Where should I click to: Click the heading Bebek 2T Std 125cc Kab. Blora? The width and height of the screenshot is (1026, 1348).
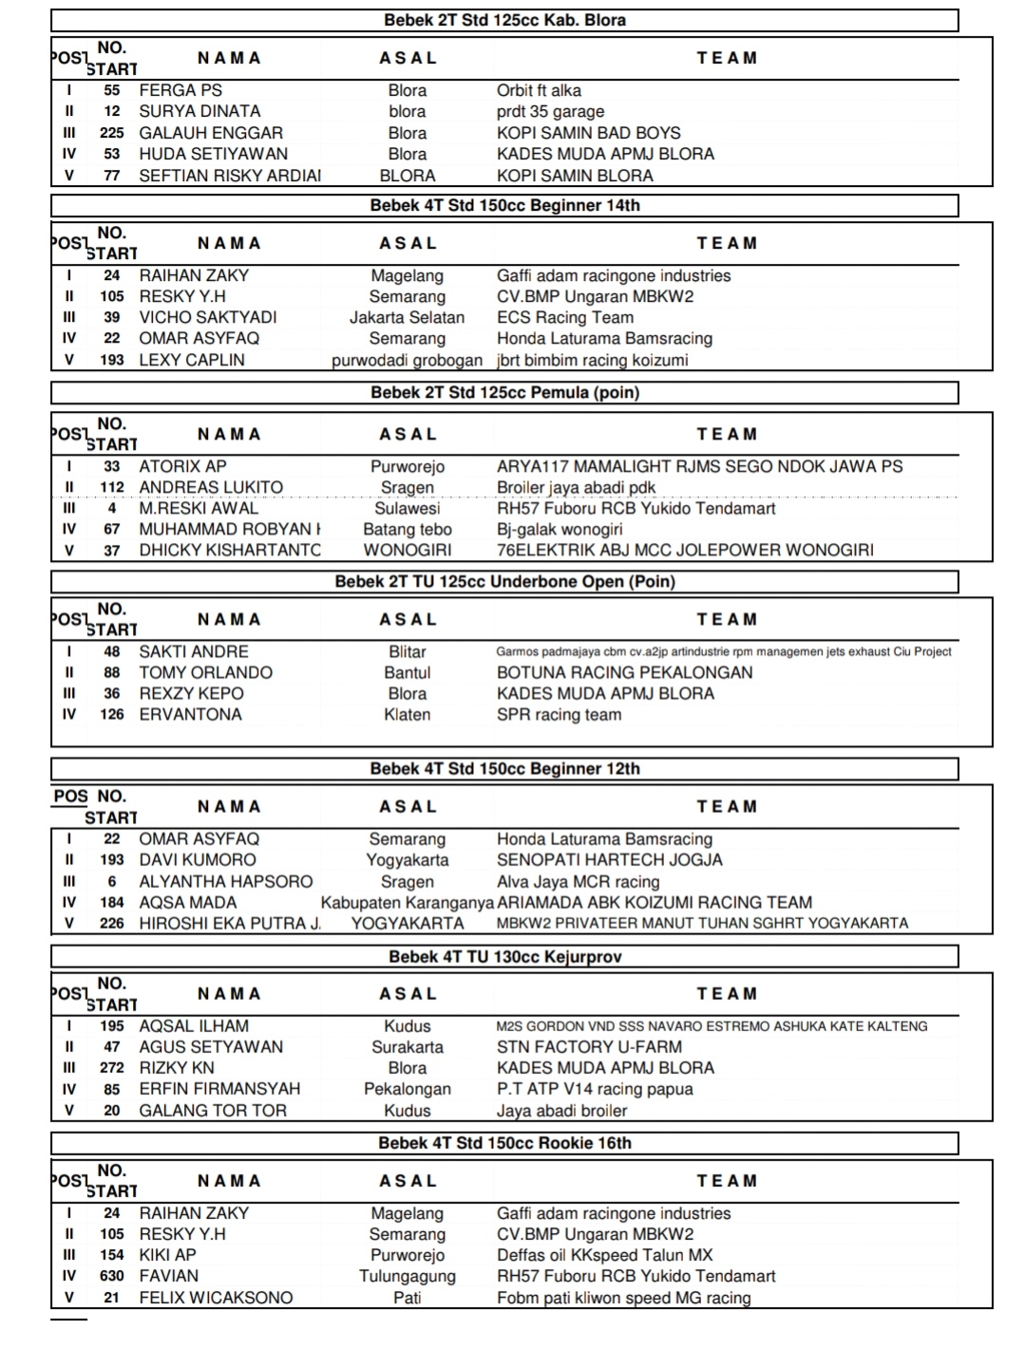[x=504, y=20]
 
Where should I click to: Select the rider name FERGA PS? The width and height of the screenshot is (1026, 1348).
[x=180, y=90]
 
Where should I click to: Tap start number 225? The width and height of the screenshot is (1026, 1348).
[x=112, y=133]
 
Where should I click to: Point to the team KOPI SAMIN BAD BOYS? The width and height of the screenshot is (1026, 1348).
[x=588, y=133]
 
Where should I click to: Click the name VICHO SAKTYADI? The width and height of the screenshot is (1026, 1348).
[x=208, y=317]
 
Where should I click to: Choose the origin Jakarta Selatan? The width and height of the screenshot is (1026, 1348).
[x=407, y=317]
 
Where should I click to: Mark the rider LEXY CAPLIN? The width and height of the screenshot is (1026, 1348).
[x=192, y=360]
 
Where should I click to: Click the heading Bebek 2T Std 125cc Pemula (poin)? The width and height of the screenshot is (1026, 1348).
[x=504, y=392]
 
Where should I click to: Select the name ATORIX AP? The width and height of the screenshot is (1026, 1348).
[x=182, y=466]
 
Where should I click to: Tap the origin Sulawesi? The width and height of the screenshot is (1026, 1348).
[x=407, y=508]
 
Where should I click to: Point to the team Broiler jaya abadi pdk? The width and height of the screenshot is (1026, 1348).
[x=576, y=487]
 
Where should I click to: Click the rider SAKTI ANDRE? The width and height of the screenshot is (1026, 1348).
[x=194, y=651]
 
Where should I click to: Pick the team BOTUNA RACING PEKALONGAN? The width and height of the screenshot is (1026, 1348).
[x=624, y=672]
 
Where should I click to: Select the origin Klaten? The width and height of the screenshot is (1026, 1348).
[x=407, y=714]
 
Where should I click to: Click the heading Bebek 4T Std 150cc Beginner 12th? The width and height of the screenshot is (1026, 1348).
[x=504, y=769]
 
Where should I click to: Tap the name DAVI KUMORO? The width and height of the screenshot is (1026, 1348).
[x=198, y=859]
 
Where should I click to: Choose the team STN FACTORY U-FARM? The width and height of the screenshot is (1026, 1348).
[x=589, y=1046]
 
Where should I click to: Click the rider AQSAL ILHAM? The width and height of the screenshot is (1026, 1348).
[x=194, y=1025]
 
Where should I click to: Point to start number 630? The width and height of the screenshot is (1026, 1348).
[x=112, y=1276]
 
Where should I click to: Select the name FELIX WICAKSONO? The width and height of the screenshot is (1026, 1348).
[x=216, y=1297]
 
